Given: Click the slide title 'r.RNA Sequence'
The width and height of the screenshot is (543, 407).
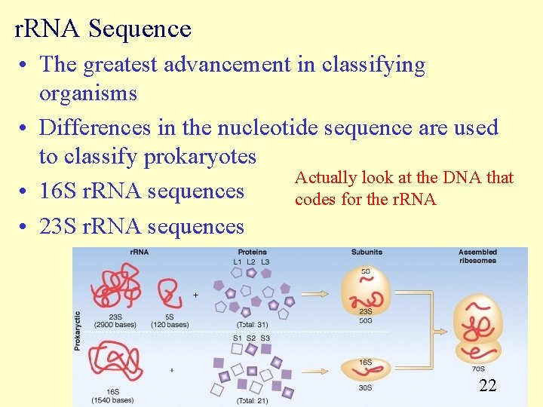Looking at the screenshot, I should pyautogui.click(x=103, y=29).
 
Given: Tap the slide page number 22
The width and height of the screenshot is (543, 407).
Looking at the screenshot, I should pyautogui.click(x=488, y=386).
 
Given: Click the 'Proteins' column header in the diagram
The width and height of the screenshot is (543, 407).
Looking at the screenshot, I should pyautogui.click(x=252, y=252).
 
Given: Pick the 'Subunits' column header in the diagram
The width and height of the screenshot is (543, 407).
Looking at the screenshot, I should pyautogui.click(x=366, y=252).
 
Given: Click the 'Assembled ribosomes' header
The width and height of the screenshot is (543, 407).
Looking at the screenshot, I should pyautogui.click(x=477, y=256).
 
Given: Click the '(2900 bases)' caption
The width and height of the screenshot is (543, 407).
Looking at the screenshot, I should pyautogui.click(x=115, y=325).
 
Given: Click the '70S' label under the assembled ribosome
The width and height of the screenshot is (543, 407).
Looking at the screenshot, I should pyautogui.click(x=477, y=369).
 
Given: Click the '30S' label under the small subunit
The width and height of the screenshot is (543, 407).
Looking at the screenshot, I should pyautogui.click(x=365, y=387).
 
